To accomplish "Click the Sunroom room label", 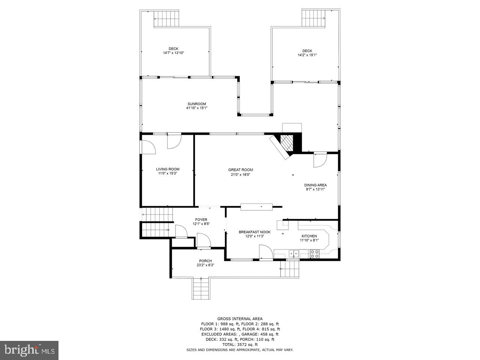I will click(x=196, y=104).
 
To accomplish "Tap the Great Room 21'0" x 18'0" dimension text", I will click(x=240, y=174).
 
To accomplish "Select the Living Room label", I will click(x=168, y=169).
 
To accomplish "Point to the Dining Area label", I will click(x=315, y=185).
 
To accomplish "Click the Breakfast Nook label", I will click(x=254, y=232).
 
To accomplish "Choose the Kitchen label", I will click(x=309, y=236).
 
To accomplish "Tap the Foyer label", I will click(x=201, y=220).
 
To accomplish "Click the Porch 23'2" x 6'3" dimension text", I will click(x=205, y=265).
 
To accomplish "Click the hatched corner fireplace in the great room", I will click(x=287, y=143).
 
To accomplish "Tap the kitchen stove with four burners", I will click(x=314, y=254).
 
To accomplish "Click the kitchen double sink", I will click(x=293, y=254).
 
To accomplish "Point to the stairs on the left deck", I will click(x=166, y=19).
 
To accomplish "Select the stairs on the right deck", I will click(x=313, y=17).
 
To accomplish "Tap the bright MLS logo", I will click(x=29, y=350).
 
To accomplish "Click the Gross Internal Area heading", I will click(x=240, y=319).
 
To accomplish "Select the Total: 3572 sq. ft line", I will click(x=240, y=344).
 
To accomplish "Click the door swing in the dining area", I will click(x=319, y=160).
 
